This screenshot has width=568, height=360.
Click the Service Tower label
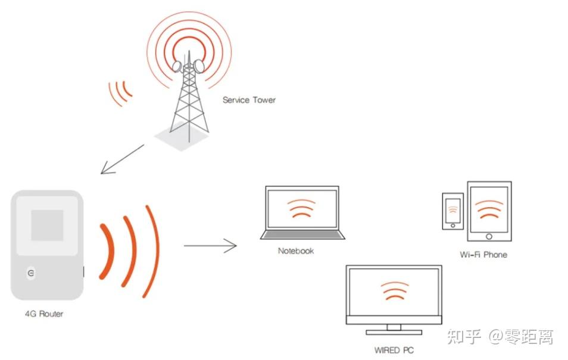[249, 100]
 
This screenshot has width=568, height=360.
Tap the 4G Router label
[43, 314]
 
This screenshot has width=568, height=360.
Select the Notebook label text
[296, 251]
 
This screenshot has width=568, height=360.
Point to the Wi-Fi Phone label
[483, 255]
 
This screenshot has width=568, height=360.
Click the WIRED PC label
[394, 350]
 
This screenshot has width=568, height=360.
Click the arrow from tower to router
[122, 159]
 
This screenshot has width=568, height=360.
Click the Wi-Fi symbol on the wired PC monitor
[394, 291]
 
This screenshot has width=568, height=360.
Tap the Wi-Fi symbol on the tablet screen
[489, 208]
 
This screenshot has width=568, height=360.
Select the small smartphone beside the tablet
[452, 211]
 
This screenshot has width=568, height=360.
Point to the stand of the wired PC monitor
[394, 329]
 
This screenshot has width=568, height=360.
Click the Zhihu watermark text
[500, 338]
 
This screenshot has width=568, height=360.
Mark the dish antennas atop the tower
[187, 64]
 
